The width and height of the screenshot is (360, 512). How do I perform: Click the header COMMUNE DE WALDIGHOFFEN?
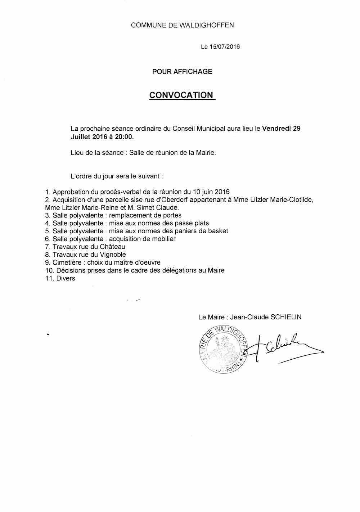[x=182, y=25]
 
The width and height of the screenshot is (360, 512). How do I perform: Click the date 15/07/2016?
[x=225, y=47]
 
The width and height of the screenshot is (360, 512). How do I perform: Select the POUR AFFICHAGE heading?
[x=182, y=72]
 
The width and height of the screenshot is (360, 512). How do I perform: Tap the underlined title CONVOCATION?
[x=181, y=95]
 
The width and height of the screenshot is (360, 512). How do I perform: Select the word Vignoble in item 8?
[x=113, y=255]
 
